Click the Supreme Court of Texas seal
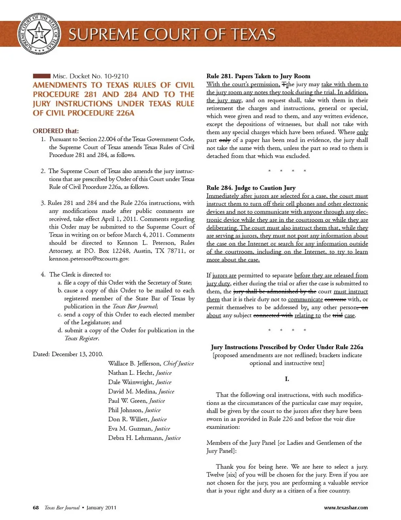point(39,34)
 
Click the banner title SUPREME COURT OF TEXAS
point(172,34)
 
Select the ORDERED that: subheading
point(56,131)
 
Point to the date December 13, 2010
point(77,354)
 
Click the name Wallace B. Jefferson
point(134,363)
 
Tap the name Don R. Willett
point(128,419)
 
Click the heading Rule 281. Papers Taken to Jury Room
point(258,76)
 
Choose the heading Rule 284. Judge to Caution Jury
point(251,188)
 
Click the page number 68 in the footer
point(36,507)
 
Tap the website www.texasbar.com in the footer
point(346,507)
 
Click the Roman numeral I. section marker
point(287,379)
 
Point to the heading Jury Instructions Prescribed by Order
point(287,347)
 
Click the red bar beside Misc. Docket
point(41,76)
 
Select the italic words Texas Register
point(81,338)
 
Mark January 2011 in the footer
point(102,507)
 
